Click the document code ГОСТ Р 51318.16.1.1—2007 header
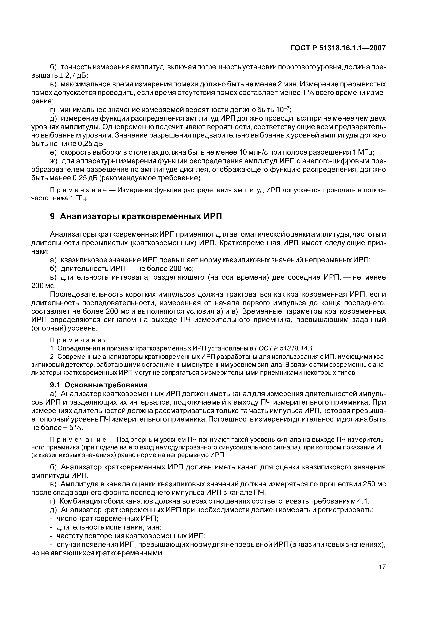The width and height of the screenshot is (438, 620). tap(338, 48)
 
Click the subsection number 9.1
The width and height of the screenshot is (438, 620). tap(55, 385)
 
